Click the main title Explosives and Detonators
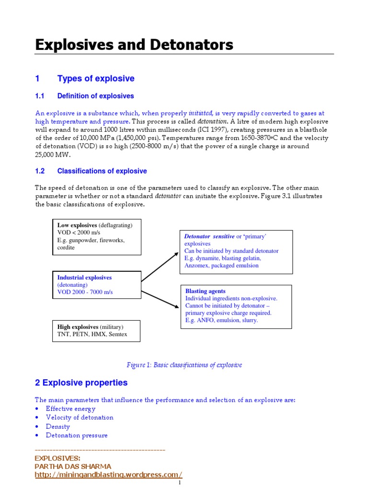[134, 45]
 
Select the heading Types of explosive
[96, 79]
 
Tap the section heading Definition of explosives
[95, 96]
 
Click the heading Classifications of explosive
[102, 171]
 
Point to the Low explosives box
[96, 236]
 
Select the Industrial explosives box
[96, 285]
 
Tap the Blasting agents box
[236, 306]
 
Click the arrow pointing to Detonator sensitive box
[161, 267]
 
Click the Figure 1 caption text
[184, 365]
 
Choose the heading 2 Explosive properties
[81, 383]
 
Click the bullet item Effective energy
[70, 409]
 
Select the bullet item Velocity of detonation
[80, 418]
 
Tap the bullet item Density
[57, 426]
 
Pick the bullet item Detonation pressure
[77, 435]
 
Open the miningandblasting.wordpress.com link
[109, 474]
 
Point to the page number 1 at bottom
[179, 483]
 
